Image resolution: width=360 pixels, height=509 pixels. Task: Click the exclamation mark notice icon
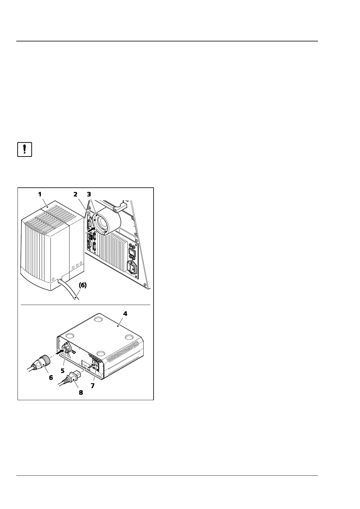pyautogui.click(x=24, y=150)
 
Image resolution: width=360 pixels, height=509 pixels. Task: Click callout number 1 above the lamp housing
pyautogui.click(x=40, y=194)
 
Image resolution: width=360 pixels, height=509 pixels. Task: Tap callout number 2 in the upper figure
pyautogui.click(x=76, y=194)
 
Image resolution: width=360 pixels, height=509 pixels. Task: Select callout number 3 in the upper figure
pyautogui.click(x=89, y=194)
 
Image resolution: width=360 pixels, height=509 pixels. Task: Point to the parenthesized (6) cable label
pyautogui.click(x=83, y=285)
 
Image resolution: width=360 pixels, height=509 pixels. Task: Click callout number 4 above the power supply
pyautogui.click(x=125, y=314)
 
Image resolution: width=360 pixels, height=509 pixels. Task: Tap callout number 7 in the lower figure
pyautogui.click(x=93, y=386)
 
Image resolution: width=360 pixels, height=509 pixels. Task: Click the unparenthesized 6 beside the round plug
pyautogui.click(x=50, y=377)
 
